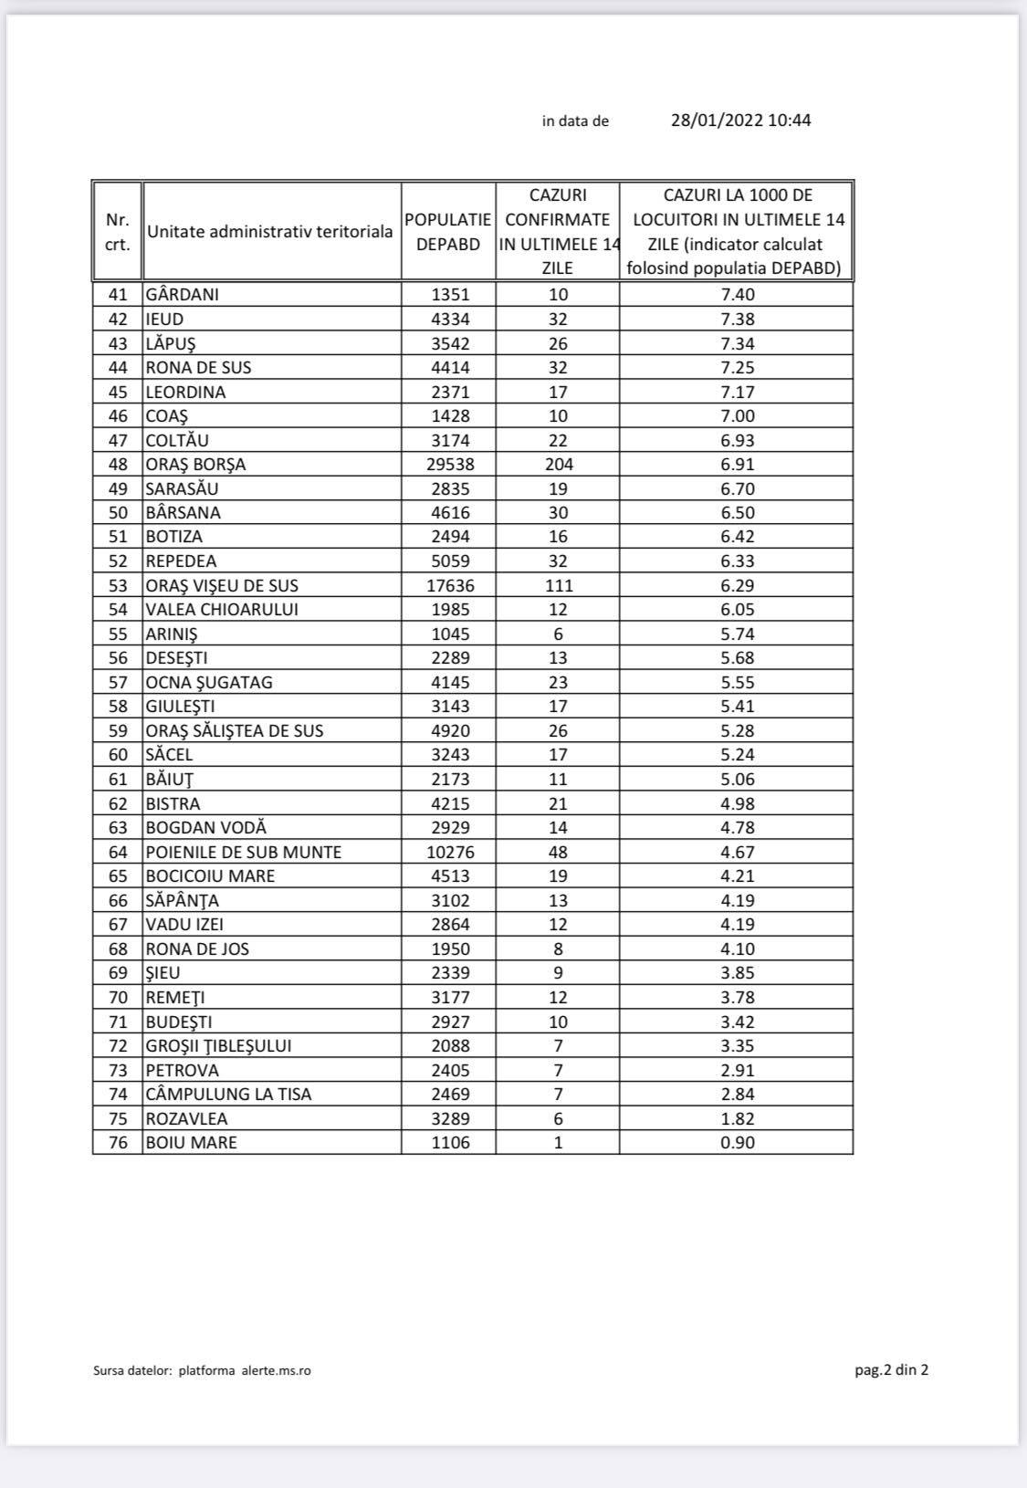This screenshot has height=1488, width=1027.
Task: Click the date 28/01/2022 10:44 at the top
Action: pos(740,121)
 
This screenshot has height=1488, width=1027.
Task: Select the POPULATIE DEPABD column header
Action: pos(448,232)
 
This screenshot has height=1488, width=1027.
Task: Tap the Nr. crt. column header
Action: pos(118,232)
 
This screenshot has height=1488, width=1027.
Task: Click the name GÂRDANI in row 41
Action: pos(183,295)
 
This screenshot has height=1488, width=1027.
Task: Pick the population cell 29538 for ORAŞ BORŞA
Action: pos(450,465)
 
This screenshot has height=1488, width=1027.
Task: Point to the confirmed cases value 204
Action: pos(558,465)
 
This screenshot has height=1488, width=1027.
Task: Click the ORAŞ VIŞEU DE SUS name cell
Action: pos(222,586)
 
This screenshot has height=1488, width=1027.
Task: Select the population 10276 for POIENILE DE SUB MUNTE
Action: pos(450,853)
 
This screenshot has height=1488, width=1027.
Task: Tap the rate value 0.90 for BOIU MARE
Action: pos(738,1143)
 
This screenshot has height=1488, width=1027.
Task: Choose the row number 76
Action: pos(119,1143)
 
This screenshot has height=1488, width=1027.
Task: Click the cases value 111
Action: pos(558,586)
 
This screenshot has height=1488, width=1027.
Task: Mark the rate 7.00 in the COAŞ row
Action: pos(738,416)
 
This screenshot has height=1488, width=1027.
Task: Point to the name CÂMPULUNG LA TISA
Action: pos(228,1095)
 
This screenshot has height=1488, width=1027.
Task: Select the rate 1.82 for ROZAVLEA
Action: pos(738,1119)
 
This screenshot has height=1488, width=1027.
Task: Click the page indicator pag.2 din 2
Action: pos(885,1369)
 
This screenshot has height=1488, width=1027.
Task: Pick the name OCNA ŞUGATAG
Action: pos(209,683)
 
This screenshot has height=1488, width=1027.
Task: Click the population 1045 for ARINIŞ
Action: pos(450,634)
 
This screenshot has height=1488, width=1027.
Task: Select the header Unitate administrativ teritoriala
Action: pos(270,232)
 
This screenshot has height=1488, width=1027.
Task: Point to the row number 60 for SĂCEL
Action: pos(119,755)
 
